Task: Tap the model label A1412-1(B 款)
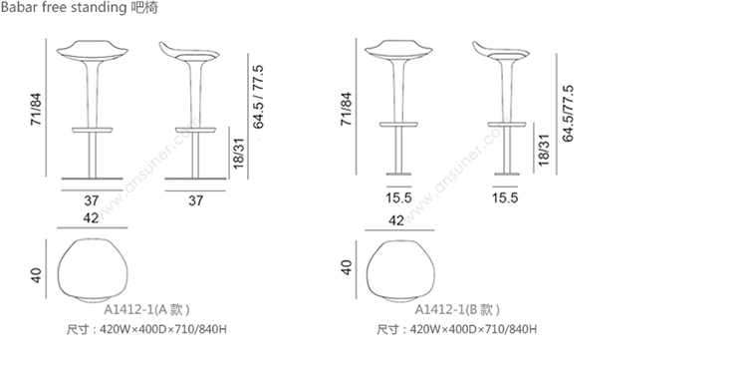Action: (458, 309)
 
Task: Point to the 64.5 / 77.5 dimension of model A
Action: (258, 97)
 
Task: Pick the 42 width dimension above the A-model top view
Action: (92, 219)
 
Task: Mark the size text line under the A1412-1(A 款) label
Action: (146, 329)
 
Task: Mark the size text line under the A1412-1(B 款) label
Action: (457, 329)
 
